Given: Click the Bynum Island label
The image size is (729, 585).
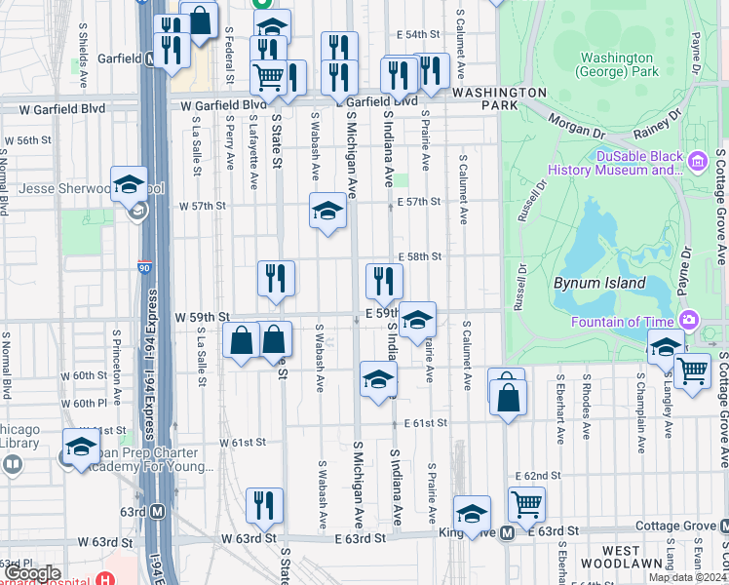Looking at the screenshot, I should click(x=599, y=283).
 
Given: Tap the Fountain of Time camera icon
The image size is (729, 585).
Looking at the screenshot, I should click(x=689, y=320).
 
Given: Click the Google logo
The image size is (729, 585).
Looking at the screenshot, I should click(x=32, y=573).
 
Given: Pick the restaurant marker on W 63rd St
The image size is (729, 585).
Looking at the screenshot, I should click(x=264, y=505).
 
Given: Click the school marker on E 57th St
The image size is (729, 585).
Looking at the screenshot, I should click(x=327, y=211).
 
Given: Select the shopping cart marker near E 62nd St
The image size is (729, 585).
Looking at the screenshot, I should click(x=526, y=503).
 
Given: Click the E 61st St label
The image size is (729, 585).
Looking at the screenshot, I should click(x=425, y=423).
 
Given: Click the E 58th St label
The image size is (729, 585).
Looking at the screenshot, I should click(x=421, y=256).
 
